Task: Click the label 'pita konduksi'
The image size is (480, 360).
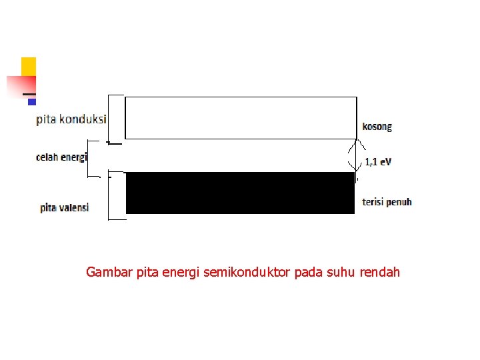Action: tap(71, 119)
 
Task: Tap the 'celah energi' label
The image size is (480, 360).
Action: tap(61, 157)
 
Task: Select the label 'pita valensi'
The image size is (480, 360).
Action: tap(65, 208)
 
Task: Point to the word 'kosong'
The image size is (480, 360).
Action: tap(377, 127)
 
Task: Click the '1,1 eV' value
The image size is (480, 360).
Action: tap(379, 161)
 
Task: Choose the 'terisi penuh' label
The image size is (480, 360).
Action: tap(387, 201)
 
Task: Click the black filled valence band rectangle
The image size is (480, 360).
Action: tap(240, 193)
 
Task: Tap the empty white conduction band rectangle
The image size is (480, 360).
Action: tap(241, 118)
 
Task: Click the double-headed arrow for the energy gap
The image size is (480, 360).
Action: tap(357, 155)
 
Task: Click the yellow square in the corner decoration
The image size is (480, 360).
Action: tap(29, 66)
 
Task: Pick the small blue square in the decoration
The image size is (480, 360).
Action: tap(31, 102)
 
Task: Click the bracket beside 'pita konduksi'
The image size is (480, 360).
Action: tap(116, 119)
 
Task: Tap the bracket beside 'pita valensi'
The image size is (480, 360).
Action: tap(116, 195)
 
